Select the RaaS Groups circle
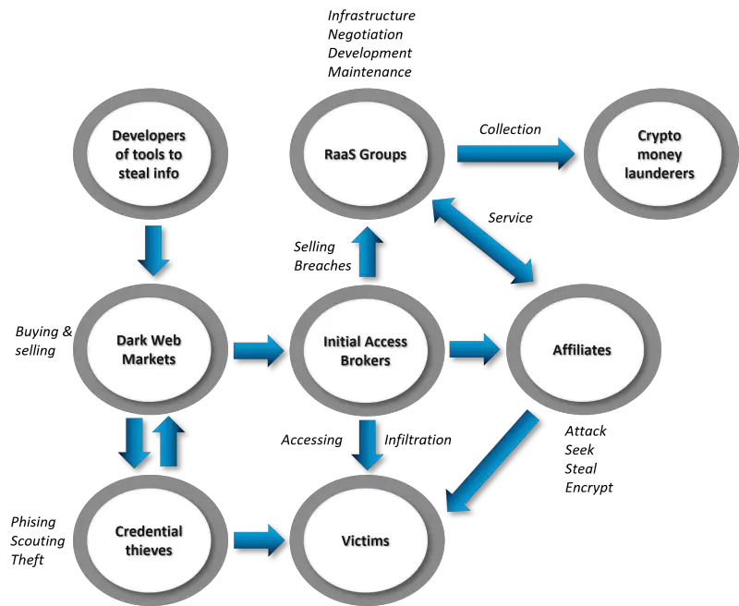(366, 153)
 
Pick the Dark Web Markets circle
(149, 350)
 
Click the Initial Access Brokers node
(366, 350)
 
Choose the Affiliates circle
(582, 350)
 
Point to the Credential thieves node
(149, 540)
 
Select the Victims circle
(366, 540)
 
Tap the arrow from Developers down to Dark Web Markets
(153, 250)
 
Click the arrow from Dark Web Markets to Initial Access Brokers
(258, 350)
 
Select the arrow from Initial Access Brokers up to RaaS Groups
(367, 252)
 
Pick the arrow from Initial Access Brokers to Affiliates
(474, 349)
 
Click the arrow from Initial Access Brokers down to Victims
(367, 445)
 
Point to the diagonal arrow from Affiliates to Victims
(491, 462)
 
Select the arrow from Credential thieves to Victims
(258, 539)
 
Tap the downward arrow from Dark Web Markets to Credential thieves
(135, 442)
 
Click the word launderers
(659, 173)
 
